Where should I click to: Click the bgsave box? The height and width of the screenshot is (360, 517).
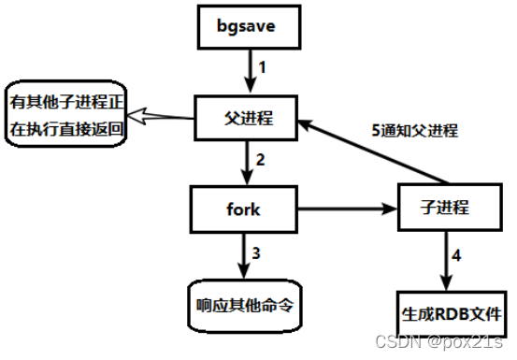[x=249, y=28]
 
